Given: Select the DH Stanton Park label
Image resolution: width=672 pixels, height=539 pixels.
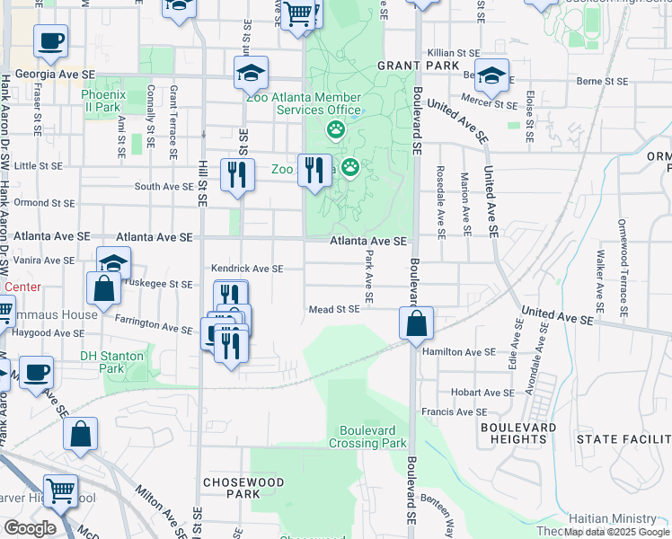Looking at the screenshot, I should pyautogui.click(x=112, y=362).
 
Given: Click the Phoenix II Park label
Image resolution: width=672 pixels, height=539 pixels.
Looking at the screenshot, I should pyautogui.click(x=101, y=101).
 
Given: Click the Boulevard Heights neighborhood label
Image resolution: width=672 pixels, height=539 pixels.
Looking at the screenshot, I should pyautogui.click(x=514, y=433).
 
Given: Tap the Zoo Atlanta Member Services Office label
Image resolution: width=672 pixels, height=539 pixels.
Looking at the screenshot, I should pyautogui.click(x=305, y=103).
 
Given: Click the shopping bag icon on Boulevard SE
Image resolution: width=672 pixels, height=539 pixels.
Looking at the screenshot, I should pyautogui.click(x=417, y=324).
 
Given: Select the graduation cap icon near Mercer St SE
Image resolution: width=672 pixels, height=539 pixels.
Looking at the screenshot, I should pyautogui.click(x=491, y=76).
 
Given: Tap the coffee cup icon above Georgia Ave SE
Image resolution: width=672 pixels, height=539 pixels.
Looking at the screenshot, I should pyautogui.click(x=50, y=41).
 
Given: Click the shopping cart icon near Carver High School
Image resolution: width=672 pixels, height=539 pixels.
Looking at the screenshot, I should pyautogui.click(x=60, y=491).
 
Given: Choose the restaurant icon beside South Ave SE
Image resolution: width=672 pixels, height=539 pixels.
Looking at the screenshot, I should pyautogui.click(x=237, y=172).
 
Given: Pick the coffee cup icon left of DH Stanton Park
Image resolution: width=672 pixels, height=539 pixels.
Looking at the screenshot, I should pyautogui.click(x=36, y=373).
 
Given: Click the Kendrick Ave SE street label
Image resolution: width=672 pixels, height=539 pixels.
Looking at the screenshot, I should pyautogui.click(x=246, y=269).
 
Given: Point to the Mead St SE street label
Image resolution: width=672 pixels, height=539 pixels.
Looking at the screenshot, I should pyautogui.click(x=333, y=309).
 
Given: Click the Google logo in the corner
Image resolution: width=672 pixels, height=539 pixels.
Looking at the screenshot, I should pyautogui.click(x=30, y=527).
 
